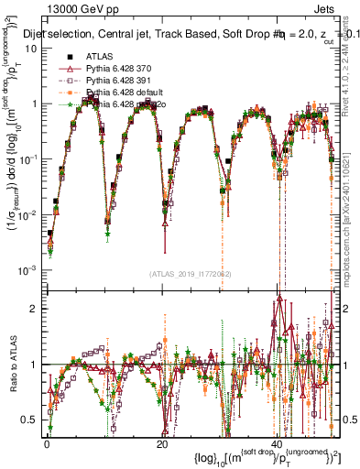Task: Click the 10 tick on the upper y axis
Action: pyautogui.click(x=31, y=48)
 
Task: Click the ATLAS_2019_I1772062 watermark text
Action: pyautogui.click(x=191, y=274)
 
